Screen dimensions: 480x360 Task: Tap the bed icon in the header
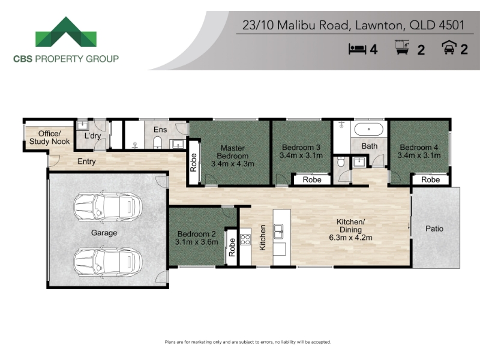[x=357, y=49]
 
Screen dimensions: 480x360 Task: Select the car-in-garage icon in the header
[x=449, y=48]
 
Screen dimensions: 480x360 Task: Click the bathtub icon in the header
[x=403, y=47]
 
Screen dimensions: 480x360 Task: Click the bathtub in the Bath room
[x=368, y=129]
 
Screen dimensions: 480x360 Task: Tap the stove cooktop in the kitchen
[x=245, y=239]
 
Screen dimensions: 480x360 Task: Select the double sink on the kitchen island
[x=278, y=231]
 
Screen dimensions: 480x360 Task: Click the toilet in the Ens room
[x=157, y=142]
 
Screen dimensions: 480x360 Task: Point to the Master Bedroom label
[x=233, y=152]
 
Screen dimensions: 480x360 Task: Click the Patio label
[x=434, y=229]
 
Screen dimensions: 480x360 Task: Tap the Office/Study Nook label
[x=50, y=137]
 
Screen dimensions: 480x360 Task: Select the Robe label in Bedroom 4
[x=430, y=179]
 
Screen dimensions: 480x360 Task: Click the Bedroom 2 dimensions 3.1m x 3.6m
[x=197, y=242]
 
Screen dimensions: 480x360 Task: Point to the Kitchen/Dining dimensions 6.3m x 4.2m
[x=350, y=238]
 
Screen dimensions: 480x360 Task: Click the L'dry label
[x=92, y=136]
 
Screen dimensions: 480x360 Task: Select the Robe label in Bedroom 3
[x=312, y=179]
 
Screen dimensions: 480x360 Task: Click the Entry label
[x=86, y=161]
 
